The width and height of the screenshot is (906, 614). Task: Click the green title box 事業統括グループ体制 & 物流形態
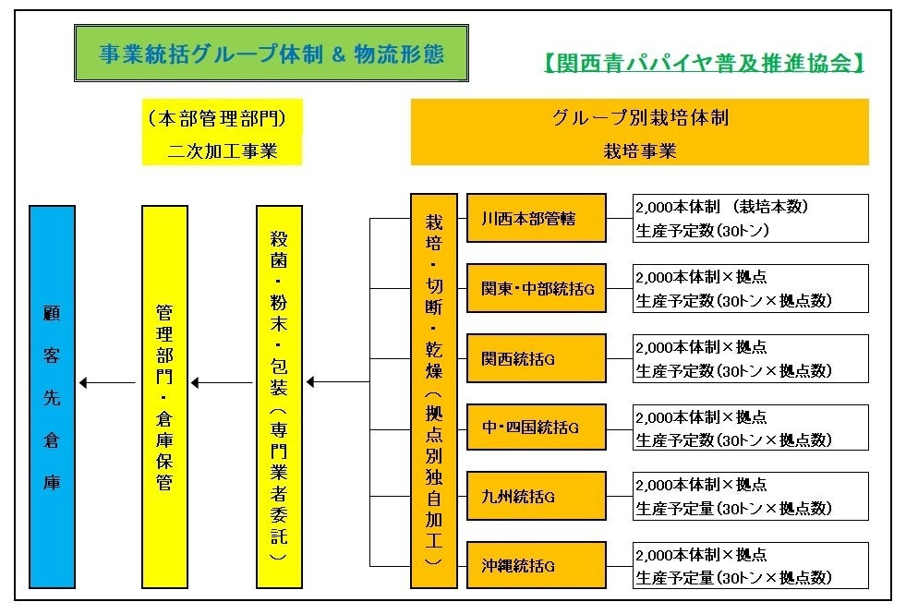(x=271, y=54)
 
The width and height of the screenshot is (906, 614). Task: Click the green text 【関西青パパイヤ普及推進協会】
(x=703, y=64)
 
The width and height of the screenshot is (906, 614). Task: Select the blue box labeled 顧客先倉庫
(x=52, y=397)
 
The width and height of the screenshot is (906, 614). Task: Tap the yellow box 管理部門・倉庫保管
(x=164, y=397)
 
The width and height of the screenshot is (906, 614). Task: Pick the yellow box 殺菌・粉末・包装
(x=279, y=397)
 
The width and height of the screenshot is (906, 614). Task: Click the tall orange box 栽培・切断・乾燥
(x=434, y=391)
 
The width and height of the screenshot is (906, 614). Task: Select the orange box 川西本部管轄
(x=536, y=219)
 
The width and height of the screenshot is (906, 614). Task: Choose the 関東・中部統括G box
(x=536, y=289)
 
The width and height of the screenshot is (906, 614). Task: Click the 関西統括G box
(x=536, y=358)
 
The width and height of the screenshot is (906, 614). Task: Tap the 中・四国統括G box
(x=536, y=427)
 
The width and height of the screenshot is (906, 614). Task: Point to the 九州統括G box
(x=536, y=496)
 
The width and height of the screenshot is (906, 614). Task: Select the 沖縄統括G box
(x=536, y=564)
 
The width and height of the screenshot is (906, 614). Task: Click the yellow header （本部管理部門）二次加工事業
(x=222, y=133)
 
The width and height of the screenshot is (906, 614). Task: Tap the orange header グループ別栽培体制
(x=639, y=133)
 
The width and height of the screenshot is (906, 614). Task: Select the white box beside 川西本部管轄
(x=750, y=219)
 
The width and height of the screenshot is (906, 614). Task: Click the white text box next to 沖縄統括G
(x=750, y=565)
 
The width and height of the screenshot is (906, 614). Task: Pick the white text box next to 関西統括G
(x=750, y=358)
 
